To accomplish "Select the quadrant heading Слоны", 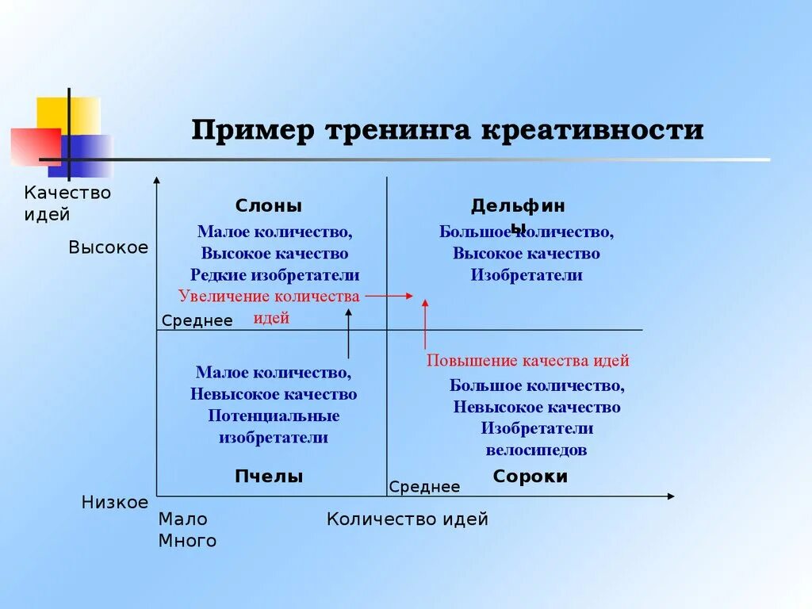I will tap(269, 206).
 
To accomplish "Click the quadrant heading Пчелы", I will tap(269, 477).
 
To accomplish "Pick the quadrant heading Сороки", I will tap(530, 477).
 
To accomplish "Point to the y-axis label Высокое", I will tap(109, 247).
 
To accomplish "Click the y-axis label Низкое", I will tap(115, 503).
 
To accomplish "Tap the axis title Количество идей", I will tap(408, 519).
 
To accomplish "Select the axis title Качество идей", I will tap(67, 203).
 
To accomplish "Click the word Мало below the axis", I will tap(182, 519).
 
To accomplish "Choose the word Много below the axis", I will tap(187, 541).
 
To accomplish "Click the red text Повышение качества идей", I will tap(528, 361).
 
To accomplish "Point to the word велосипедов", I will tap(537, 450).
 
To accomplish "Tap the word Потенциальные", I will tap(274, 416).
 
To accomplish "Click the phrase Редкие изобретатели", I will tap(274, 275).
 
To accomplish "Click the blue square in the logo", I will tap(88, 155).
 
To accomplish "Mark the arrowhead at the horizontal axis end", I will tap(671, 496).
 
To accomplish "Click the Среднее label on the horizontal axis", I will tap(424, 487).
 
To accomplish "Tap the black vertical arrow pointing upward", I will tap(348, 333).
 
